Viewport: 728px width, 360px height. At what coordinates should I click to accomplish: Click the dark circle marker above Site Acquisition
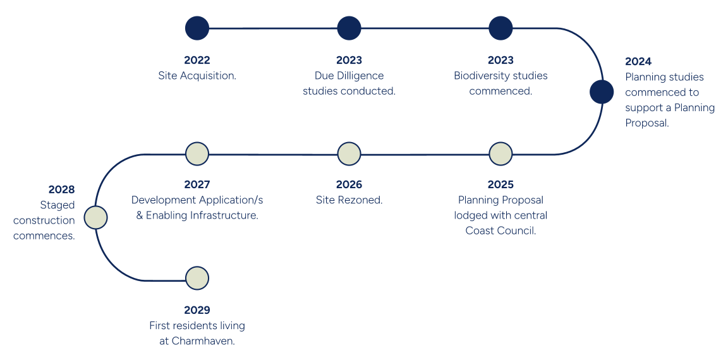click(x=197, y=28)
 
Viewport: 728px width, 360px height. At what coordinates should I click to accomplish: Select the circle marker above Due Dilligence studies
click(x=349, y=28)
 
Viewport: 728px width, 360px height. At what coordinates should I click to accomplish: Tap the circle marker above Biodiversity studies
click(x=500, y=28)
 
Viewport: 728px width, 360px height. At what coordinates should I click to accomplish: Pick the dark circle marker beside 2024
click(x=602, y=92)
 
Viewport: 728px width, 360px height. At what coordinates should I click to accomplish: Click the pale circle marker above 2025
click(x=500, y=154)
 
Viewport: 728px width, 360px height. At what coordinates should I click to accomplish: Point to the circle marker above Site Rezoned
click(x=349, y=154)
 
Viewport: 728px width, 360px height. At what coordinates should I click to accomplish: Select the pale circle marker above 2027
click(x=197, y=154)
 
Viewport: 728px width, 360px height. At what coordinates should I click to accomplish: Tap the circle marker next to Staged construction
click(x=95, y=217)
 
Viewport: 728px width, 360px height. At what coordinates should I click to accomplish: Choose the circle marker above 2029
click(x=197, y=279)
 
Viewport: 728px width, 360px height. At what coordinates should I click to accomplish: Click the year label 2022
click(x=197, y=60)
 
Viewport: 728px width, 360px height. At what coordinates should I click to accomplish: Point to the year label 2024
click(x=638, y=62)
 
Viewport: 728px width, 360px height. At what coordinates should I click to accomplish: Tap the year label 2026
click(x=349, y=185)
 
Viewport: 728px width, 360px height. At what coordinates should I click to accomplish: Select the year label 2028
click(x=61, y=189)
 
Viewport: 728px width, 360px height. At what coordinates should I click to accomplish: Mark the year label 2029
click(x=197, y=310)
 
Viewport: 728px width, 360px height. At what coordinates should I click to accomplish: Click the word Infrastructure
click(x=225, y=216)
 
